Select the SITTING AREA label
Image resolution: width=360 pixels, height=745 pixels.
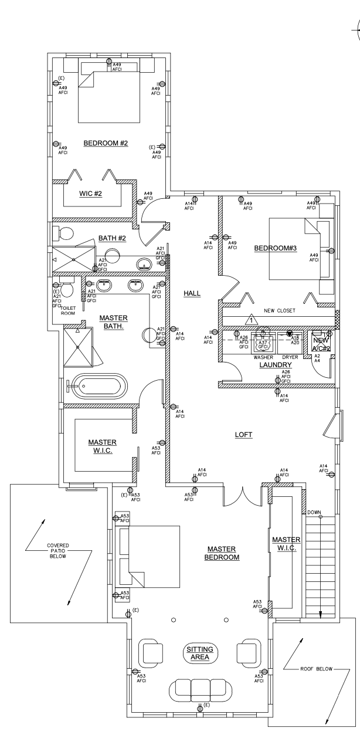coord(200,653)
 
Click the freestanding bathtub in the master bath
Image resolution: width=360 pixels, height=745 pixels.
coord(103,386)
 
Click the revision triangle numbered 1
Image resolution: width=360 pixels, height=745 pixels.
coord(251,320)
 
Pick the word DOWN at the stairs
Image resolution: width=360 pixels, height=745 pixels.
coord(314,513)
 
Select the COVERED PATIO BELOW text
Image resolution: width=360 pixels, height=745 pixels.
coord(58,551)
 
